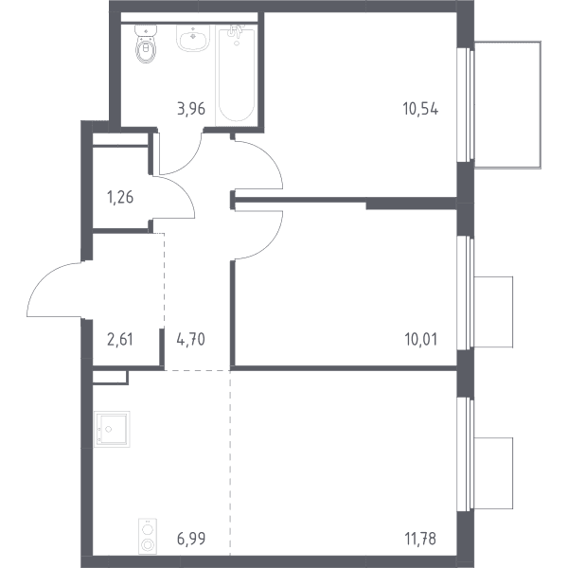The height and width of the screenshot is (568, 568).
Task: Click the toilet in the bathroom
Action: click(147, 44)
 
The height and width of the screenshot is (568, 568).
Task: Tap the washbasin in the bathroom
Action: click(193, 38)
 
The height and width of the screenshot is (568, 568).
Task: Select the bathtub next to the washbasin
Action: click(237, 75)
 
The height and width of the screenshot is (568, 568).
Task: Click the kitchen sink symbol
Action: click(112, 429)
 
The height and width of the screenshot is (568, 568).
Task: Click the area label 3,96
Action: click(191, 109)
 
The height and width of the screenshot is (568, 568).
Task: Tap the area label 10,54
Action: click(420, 109)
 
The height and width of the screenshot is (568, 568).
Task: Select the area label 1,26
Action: click(120, 198)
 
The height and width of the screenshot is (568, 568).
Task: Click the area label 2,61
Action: click(120, 340)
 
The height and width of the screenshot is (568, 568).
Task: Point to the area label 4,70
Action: click(191, 340)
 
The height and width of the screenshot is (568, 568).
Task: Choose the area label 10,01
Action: click(420, 340)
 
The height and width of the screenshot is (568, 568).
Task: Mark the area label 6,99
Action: click(191, 539)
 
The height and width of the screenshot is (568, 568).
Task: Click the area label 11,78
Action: click(420, 539)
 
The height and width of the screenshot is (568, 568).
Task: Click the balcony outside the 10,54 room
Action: click(507, 105)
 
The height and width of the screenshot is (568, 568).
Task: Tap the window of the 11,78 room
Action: click(466, 454)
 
